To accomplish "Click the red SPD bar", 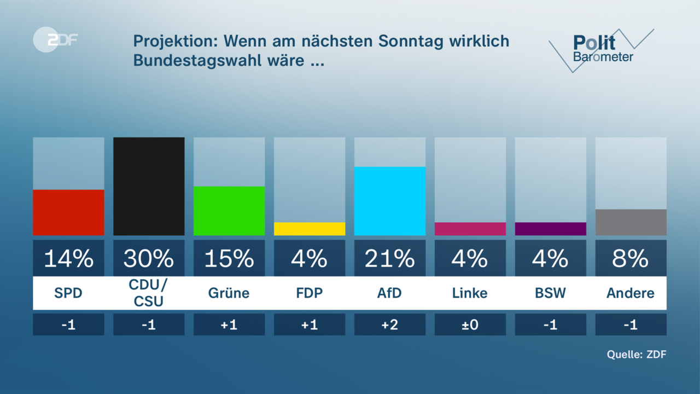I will click(x=68, y=212).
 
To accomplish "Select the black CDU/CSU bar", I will click(x=149, y=186).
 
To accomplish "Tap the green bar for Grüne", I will click(x=229, y=211).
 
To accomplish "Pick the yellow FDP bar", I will click(x=310, y=229).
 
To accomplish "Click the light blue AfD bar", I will click(x=390, y=201).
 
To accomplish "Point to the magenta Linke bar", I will click(x=470, y=229).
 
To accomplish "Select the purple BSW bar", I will click(x=551, y=229).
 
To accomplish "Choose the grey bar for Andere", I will click(x=631, y=222).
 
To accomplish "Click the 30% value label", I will click(x=149, y=258).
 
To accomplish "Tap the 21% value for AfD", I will click(x=390, y=258).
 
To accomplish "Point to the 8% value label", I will click(x=631, y=258).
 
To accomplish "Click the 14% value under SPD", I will click(x=68, y=258).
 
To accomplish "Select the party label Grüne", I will click(x=229, y=293).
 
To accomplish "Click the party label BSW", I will click(x=551, y=293).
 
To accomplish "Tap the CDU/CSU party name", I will click(x=149, y=293).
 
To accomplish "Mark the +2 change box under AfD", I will click(x=390, y=325).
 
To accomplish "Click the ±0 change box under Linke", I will click(x=470, y=325).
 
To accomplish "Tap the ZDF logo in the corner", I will click(x=55, y=39).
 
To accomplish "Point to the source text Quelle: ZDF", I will click(x=637, y=354).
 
